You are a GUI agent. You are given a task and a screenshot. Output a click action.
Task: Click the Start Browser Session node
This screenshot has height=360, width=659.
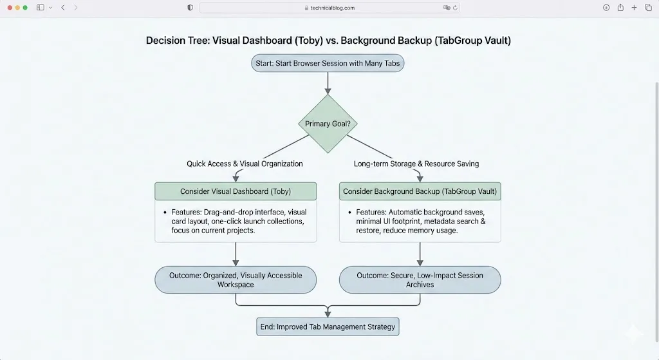click(x=328, y=63)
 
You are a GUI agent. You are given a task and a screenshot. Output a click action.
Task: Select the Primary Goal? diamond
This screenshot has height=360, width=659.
click(x=328, y=124)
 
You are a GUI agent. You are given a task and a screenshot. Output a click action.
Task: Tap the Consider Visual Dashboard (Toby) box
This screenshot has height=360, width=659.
click(x=236, y=191)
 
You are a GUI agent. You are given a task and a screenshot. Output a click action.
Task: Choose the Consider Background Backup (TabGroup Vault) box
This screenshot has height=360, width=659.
click(x=420, y=191)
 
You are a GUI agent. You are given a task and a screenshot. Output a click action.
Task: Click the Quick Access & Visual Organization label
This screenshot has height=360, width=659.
click(x=245, y=164)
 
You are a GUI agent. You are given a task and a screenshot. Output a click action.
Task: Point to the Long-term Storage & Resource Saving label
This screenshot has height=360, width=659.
click(x=416, y=164)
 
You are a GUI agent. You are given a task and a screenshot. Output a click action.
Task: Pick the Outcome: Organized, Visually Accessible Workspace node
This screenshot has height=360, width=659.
click(x=236, y=279)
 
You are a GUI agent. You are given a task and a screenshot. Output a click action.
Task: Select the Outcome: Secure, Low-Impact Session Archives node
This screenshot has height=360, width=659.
click(x=420, y=279)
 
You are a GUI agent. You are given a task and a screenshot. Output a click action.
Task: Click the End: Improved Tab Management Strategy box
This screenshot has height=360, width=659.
click(x=328, y=327)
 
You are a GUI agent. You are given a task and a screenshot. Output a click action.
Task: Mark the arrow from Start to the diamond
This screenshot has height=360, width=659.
click(x=328, y=83)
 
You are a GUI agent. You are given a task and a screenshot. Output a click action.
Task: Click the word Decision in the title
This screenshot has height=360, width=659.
click(x=164, y=40)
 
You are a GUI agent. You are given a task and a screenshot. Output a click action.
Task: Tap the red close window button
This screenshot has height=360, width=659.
click(x=8, y=8)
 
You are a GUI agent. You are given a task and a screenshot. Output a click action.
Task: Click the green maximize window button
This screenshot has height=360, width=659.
click(x=25, y=8)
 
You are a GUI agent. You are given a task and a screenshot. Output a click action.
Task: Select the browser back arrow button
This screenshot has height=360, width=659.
click(x=62, y=8)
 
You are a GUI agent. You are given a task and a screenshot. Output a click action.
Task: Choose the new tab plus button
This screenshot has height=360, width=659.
click(x=634, y=8)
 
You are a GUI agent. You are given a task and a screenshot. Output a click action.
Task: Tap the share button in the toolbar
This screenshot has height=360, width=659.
click(x=620, y=8)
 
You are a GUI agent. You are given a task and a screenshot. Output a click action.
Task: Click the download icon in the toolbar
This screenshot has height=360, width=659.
click(x=606, y=8)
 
